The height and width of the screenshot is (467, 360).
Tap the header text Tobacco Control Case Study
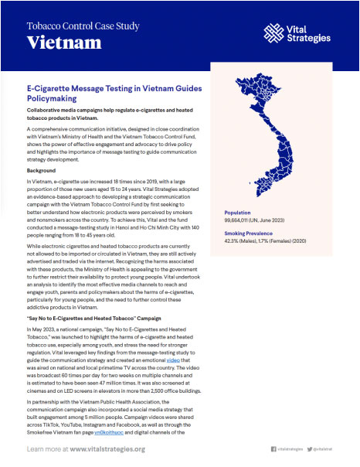tap(83, 25)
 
